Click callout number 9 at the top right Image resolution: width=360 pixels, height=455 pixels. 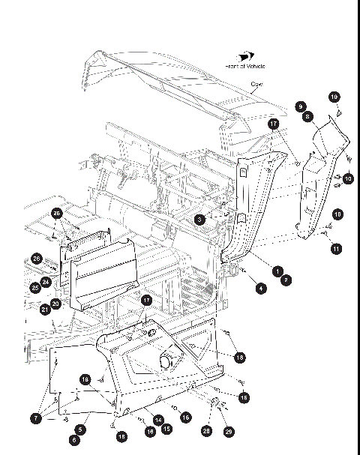[299, 106]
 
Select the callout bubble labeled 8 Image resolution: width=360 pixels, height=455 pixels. [307, 117]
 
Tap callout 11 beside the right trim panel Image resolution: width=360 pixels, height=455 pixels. [337, 247]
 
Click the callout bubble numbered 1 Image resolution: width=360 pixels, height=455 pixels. [277, 270]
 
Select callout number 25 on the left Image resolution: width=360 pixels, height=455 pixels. [35, 287]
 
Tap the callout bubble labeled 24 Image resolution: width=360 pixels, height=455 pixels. [46, 283]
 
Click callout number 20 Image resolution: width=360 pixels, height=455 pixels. [55, 304]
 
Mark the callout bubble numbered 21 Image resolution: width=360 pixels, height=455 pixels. [45, 309]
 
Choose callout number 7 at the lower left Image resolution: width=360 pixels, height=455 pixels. [35, 417]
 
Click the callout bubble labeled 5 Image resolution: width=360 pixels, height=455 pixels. [80, 430]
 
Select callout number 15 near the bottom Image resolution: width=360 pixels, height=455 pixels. [166, 429]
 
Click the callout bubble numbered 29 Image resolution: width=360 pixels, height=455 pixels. [229, 432]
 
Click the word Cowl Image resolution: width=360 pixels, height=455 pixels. [257, 84]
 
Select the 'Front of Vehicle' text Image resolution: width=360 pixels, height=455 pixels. [245, 66]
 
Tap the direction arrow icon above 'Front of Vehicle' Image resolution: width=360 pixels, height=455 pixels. [245, 56]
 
